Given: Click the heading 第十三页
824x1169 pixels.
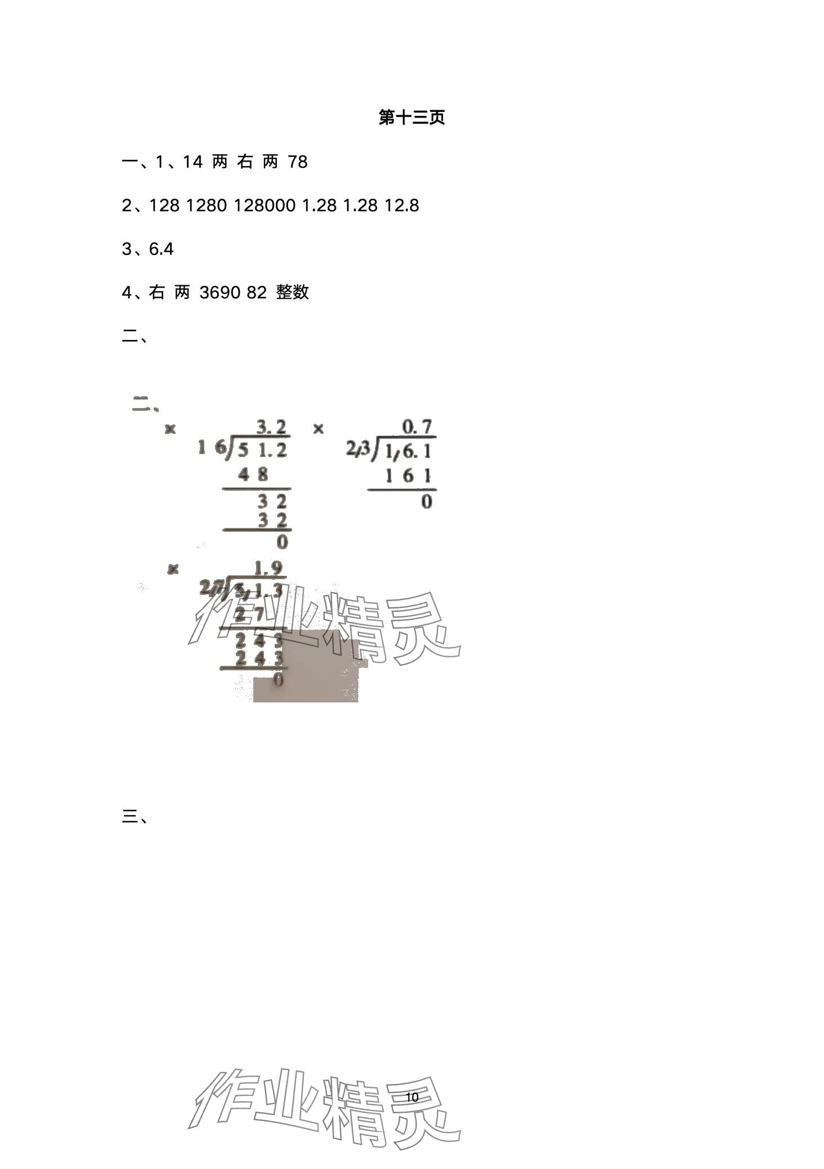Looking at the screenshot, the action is click(411, 118).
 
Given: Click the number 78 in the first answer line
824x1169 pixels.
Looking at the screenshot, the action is click(297, 162).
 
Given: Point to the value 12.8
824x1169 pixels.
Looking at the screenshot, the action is click(401, 205).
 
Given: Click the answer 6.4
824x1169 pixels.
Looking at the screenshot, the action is click(161, 249).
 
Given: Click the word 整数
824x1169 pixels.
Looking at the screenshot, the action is click(293, 292).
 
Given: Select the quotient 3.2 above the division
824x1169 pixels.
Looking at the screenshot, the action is click(272, 427).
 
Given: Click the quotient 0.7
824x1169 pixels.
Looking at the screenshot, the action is click(418, 427).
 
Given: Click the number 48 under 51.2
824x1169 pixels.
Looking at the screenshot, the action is click(253, 474).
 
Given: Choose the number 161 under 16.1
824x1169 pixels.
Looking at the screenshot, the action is click(408, 476).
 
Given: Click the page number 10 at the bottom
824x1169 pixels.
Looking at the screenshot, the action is click(411, 1097).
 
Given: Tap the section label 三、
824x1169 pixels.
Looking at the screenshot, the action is click(135, 817).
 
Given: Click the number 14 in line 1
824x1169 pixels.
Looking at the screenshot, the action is click(192, 162).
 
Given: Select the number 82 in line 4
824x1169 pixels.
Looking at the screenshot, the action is click(256, 292).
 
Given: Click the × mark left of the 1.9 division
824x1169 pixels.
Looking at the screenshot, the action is click(173, 569).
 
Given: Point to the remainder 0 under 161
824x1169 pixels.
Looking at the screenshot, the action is click(427, 501).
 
